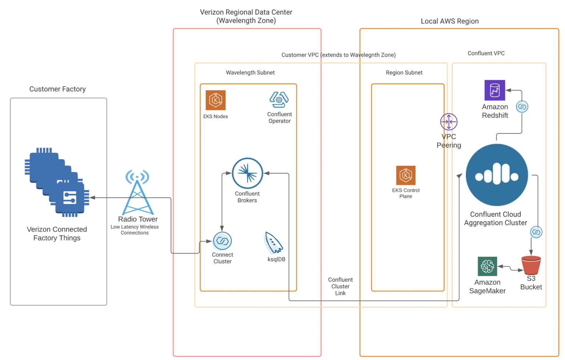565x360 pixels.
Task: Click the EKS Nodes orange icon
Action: click(x=216, y=100)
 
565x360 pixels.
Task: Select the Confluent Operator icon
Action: click(x=279, y=99)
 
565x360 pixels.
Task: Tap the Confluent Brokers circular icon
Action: click(x=247, y=173)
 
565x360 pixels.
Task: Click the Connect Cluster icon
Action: click(x=222, y=241)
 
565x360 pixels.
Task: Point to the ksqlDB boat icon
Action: click(x=274, y=243)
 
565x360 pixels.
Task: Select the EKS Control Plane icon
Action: click(x=406, y=175)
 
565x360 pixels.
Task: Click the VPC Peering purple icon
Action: click(x=449, y=122)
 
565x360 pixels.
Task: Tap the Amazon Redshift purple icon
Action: click(x=495, y=90)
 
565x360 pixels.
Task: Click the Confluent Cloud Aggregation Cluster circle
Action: click(x=497, y=175)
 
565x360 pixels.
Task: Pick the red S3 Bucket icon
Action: click(x=531, y=265)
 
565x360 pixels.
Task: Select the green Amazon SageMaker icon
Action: click(x=487, y=266)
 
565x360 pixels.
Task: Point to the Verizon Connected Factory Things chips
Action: click(x=57, y=183)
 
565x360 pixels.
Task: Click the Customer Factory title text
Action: click(x=57, y=89)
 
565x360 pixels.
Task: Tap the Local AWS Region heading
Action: click(x=449, y=21)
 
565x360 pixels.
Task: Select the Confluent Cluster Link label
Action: click(x=340, y=286)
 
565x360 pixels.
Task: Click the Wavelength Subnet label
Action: click(x=250, y=73)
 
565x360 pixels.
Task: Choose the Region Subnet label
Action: click(x=404, y=73)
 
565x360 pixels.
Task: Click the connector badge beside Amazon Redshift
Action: click(x=522, y=107)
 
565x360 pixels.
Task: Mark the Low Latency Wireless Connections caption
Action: click(x=135, y=230)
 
